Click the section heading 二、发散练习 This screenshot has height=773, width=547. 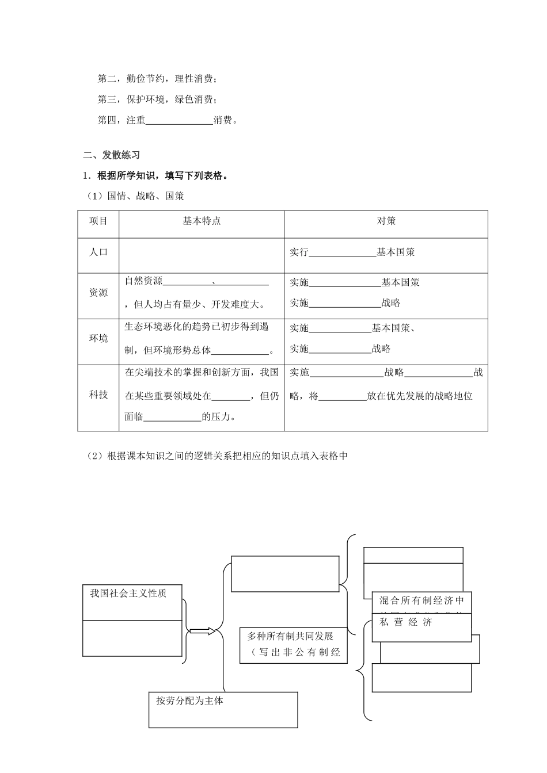112,155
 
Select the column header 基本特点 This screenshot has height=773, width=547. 202,221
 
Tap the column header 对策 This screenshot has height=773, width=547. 386,221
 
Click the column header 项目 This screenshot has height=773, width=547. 98,221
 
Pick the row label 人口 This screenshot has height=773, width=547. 98,252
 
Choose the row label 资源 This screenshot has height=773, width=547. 98,292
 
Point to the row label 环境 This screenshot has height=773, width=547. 98,338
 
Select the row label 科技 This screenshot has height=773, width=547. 98,395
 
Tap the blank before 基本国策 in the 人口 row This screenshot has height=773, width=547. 343,252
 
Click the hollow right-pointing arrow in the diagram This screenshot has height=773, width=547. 202,632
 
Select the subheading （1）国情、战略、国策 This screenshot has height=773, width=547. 136,196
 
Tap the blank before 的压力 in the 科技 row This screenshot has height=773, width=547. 172,418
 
